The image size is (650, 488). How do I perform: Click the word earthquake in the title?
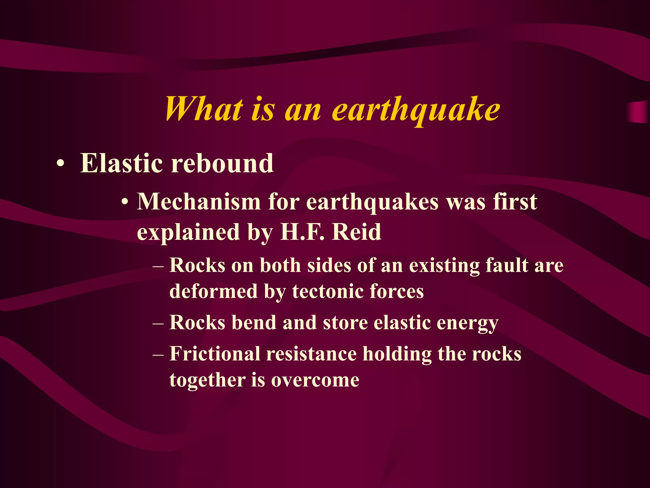[x=416, y=110]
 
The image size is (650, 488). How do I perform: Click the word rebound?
[x=222, y=163]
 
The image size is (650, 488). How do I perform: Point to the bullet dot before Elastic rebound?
[x=60, y=164]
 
